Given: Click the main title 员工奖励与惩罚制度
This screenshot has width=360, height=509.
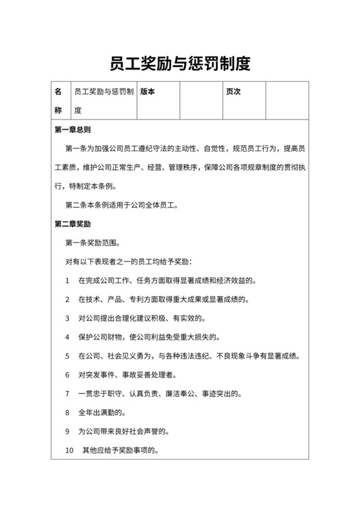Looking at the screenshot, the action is pos(179,64).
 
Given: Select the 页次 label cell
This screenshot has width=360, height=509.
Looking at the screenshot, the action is pos(233,92).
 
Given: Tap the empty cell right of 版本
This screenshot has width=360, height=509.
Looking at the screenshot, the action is pos(201,101).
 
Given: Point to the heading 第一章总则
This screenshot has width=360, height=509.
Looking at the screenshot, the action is pos(73,130).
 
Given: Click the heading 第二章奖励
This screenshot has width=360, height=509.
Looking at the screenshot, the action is pos(73,224).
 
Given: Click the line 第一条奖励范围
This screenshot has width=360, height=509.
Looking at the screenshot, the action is pos(93,244).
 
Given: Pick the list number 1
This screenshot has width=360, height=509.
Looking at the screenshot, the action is pos(67,281).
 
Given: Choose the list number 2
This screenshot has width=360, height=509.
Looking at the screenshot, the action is pos(67,299).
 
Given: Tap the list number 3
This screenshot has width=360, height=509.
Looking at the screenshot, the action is pos(67,318).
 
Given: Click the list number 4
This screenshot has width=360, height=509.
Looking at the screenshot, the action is pos(67,337).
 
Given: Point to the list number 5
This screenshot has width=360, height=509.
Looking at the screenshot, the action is pos(67,356).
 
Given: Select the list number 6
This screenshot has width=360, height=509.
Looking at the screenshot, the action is pos(67,375).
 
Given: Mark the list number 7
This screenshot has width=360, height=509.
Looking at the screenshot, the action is pos(67,393).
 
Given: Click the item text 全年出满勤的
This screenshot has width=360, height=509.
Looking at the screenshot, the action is pos(103,412).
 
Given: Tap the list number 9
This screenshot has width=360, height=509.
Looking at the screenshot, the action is pos(67,431).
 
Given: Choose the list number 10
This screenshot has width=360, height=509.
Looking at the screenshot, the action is pos(70,450).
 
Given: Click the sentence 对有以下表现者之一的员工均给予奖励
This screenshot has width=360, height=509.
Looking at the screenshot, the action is pos(134,262).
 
